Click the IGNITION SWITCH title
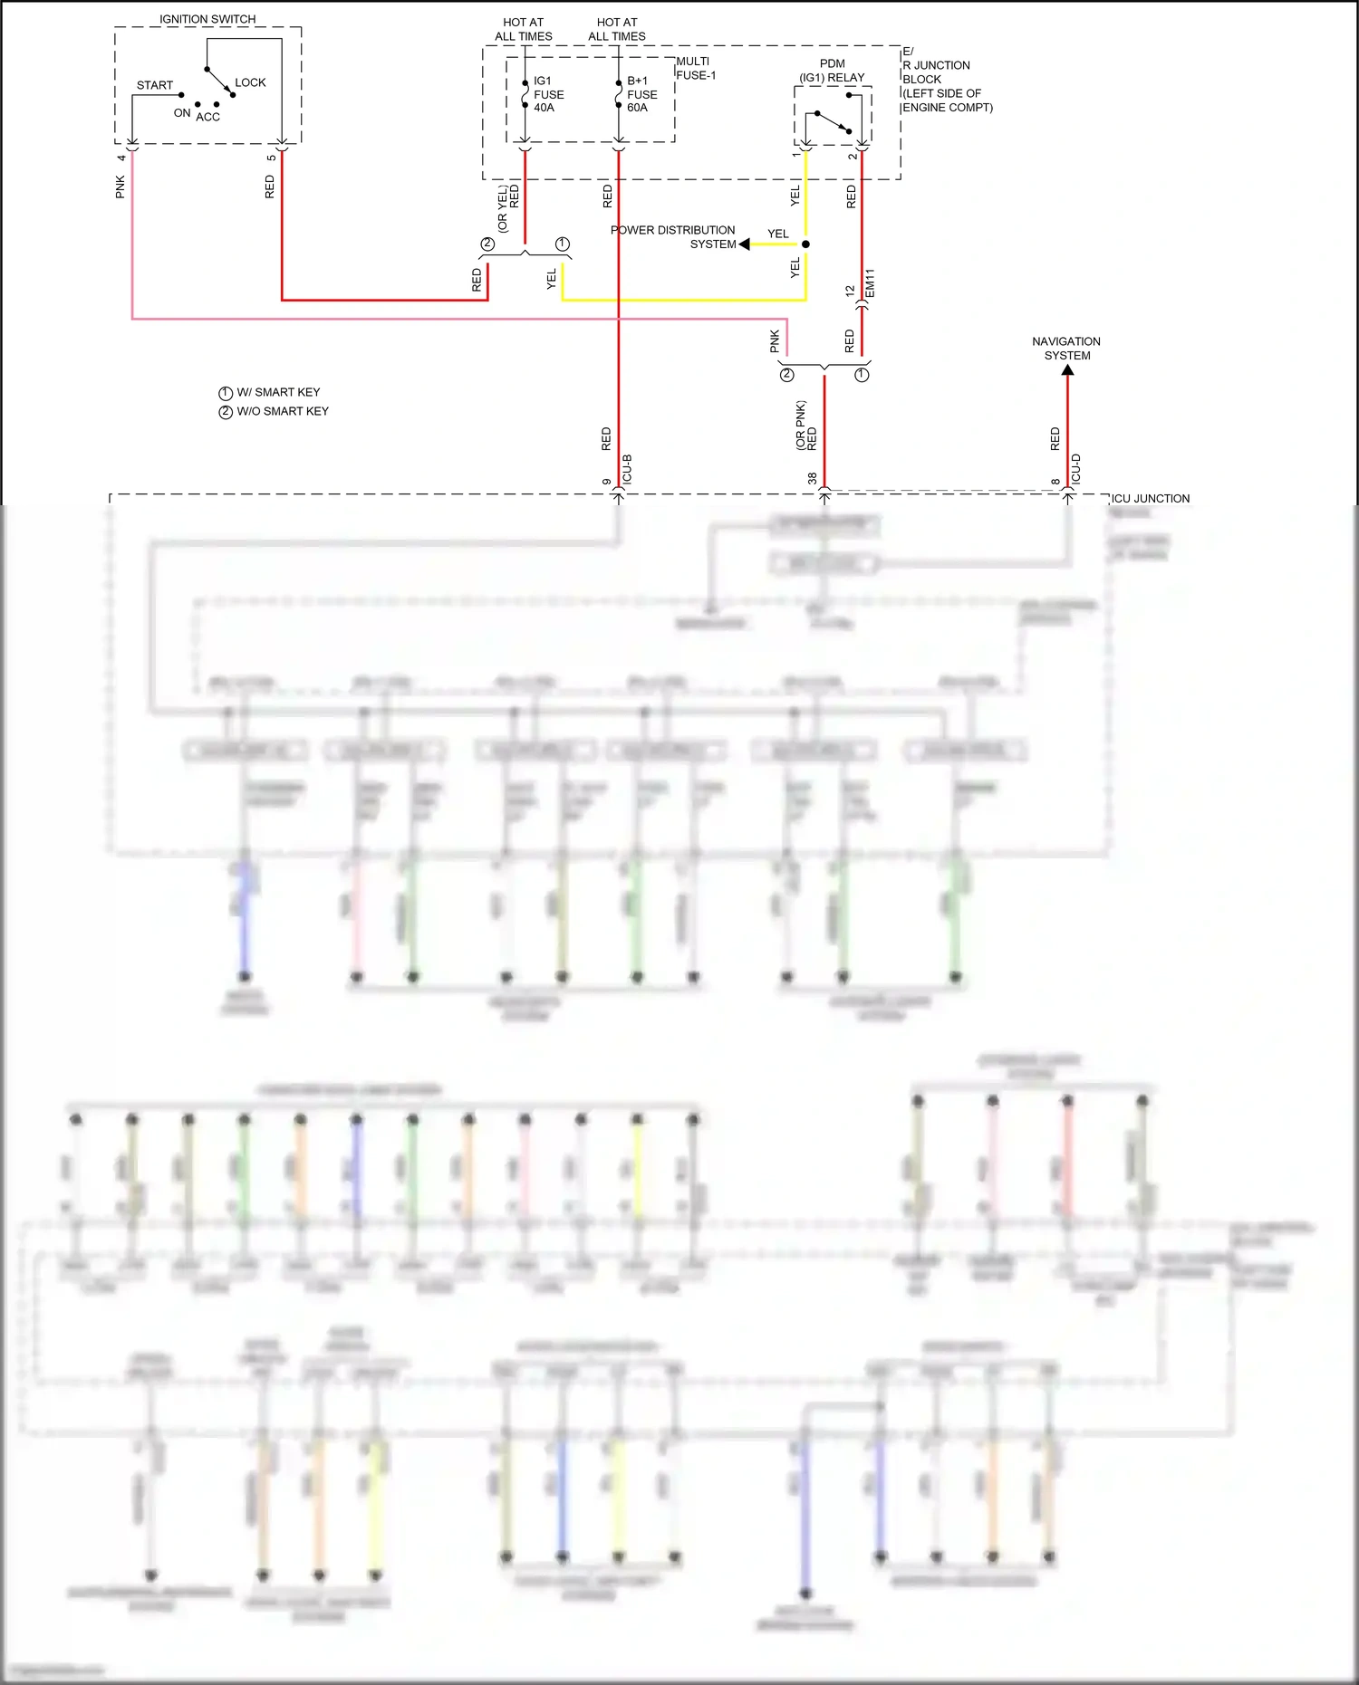207,19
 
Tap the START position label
155,85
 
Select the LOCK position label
250,82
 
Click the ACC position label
208,117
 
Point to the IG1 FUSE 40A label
547,94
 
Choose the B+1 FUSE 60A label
641,94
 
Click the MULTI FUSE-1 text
696,69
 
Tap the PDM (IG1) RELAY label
832,71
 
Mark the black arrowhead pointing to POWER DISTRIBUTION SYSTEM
745,244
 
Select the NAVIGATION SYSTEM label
1066,349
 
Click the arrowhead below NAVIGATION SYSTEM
1067,369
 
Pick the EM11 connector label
870,283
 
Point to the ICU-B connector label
627,469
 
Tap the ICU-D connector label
1076,469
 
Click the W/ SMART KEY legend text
277,392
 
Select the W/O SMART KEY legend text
282,411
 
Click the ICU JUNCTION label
1150,499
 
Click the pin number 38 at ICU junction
812,478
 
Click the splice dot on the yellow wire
805,244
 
